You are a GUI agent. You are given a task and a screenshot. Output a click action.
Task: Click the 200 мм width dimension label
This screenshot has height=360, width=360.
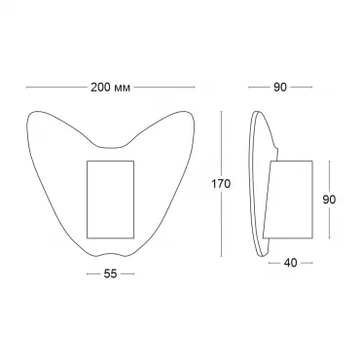[110, 88]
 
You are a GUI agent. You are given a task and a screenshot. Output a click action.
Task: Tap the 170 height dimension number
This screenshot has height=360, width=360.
[221, 184]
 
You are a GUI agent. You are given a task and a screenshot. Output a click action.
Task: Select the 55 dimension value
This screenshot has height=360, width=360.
[110, 274]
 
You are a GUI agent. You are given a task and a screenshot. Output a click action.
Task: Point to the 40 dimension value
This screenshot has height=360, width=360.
[290, 263]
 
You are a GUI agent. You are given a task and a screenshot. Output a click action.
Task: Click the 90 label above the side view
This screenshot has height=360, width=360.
[280, 88]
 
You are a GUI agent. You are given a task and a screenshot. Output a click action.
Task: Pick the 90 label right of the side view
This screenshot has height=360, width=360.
[329, 199]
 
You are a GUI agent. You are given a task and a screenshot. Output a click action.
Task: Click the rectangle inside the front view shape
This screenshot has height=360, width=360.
[111, 199]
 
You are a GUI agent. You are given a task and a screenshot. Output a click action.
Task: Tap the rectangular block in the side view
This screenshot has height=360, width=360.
[288, 199]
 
